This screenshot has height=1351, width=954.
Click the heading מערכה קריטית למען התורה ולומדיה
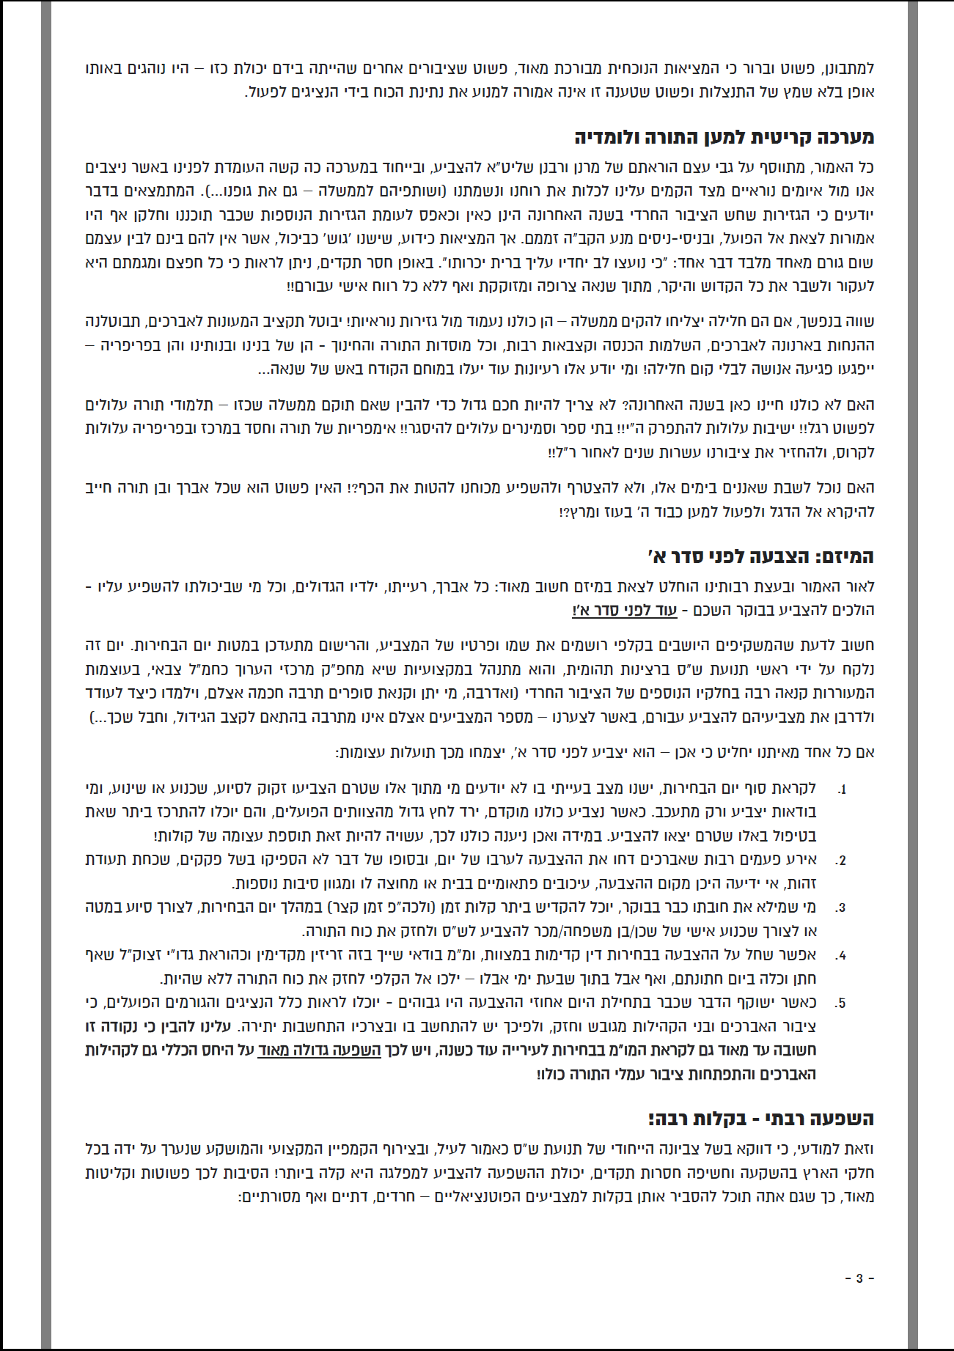[724, 138]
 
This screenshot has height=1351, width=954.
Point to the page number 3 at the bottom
[859, 1278]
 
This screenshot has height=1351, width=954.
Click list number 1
[842, 789]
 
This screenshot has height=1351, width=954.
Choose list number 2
[841, 861]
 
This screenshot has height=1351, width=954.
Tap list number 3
[841, 908]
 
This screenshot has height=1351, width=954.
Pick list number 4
[841, 955]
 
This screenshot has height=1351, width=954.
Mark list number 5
[841, 1003]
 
